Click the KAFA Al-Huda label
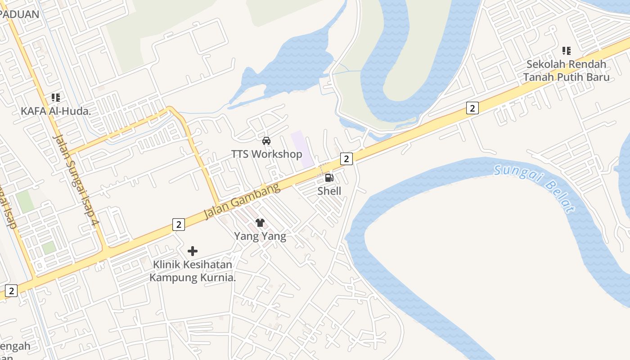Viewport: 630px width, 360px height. click(x=56, y=111)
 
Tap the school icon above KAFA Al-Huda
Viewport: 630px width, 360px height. click(x=56, y=97)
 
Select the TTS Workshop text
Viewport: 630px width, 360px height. click(x=266, y=154)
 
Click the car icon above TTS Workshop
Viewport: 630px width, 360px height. click(x=266, y=141)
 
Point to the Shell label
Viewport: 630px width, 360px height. click(x=329, y=191)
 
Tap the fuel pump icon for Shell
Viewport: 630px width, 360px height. click(x=329, y=178)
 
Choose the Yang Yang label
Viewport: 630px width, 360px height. click(x=260, y=236)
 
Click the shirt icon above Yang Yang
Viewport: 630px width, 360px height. click(x=260, y=222)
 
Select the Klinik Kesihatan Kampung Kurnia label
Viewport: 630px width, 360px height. click(x=193, y=271)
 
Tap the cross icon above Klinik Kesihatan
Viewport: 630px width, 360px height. click(x=193, y=251)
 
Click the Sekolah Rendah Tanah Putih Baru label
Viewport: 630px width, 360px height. click(x=566, y=71)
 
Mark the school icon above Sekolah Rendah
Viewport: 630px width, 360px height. click(x=567, y=51)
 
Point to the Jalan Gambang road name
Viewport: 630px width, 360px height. click(x=242, y=202)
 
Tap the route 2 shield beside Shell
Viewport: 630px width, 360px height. click(x=346, y=158)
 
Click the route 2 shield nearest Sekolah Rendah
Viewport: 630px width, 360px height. click(x=472, y=108)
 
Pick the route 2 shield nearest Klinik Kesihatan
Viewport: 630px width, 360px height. click(x=179, y=225)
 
